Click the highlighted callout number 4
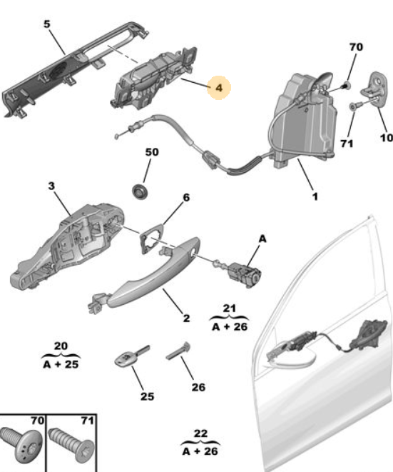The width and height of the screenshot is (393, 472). click(x=219, y=88)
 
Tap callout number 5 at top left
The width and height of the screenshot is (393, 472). click(x=47, y=24)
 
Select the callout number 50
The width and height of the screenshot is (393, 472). click(x=152, y=152)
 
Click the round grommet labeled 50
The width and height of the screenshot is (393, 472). click(x=140, y=192)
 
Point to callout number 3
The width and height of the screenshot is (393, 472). click(x=51, y=186)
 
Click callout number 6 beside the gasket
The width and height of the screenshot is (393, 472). click(x=186, y=198)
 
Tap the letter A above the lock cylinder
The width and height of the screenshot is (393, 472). click(x=262, y=239)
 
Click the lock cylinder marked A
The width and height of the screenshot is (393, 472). click(x=240, y=273)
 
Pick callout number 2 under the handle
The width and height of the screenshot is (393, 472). click(x=186, y=318)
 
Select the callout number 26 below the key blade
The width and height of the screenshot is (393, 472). click(x=198, y=387)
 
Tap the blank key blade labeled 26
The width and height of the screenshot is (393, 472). click(x=178, y=351)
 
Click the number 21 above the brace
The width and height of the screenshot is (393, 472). click(x=230, y=308)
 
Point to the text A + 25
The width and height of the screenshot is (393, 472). click(x=61, y=365)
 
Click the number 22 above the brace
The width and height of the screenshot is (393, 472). click(x=200, y=433)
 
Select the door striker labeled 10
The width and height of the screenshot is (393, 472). click(x=375, y=89)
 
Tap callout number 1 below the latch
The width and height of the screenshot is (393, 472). click(x=315, y=196)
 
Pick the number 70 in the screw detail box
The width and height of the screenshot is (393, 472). click(x=38, y=421)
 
